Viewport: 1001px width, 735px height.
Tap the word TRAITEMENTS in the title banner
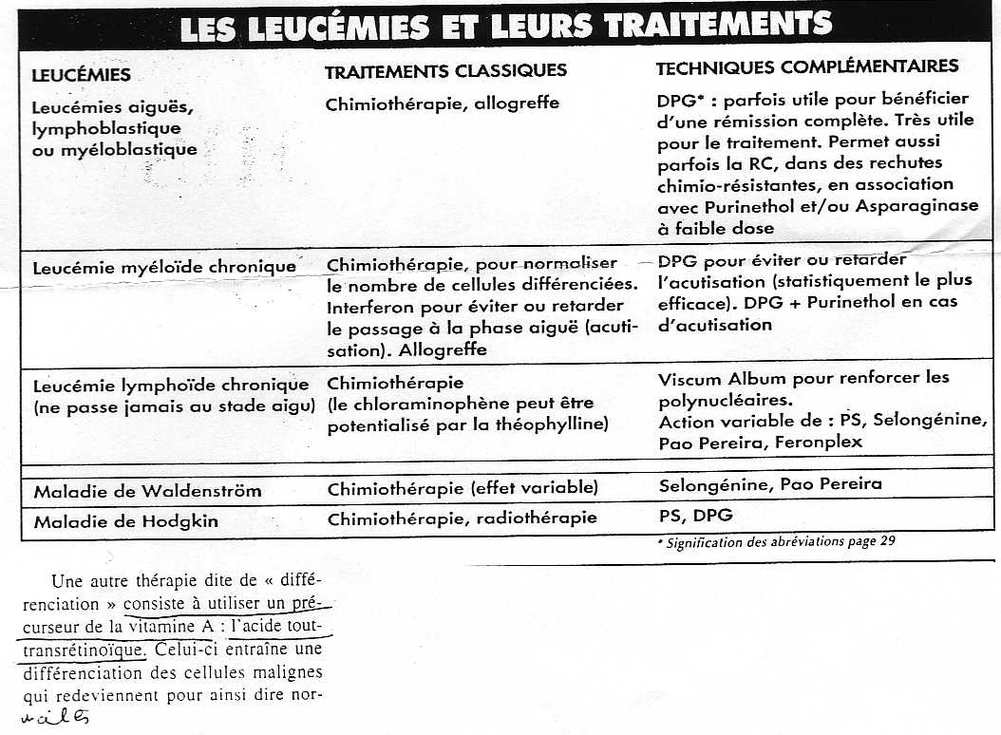[719, 25]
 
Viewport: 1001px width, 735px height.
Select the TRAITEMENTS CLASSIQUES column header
[445, 71]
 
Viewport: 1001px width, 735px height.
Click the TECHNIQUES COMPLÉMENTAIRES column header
[807, 67]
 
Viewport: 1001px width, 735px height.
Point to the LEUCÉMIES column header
[82, 75]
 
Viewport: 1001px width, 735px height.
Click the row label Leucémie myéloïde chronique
[164, 267]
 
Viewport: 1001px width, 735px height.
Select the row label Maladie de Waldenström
[147, 492]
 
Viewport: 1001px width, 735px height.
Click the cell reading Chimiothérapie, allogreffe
[442, 104]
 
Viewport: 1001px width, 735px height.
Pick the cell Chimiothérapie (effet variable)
[463, 489]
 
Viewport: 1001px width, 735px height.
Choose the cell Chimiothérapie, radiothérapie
[463, 518]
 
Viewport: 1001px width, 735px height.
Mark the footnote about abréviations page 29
[776, 543]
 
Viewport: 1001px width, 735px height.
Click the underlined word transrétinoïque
[81, 650]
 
